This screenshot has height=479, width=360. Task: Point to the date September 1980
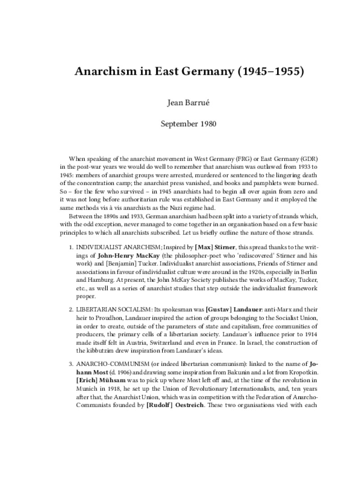click(x=180, y=124)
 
